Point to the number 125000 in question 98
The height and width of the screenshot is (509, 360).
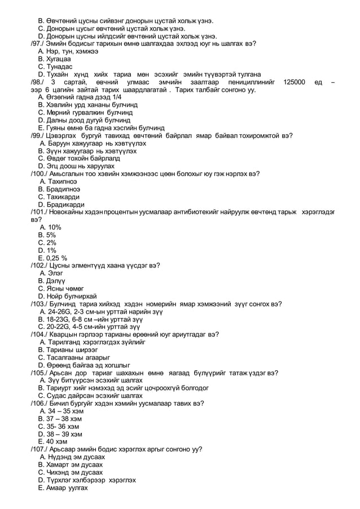(x=295, y=82)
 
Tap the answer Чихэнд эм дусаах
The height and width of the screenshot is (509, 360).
(x=74, y=472)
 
